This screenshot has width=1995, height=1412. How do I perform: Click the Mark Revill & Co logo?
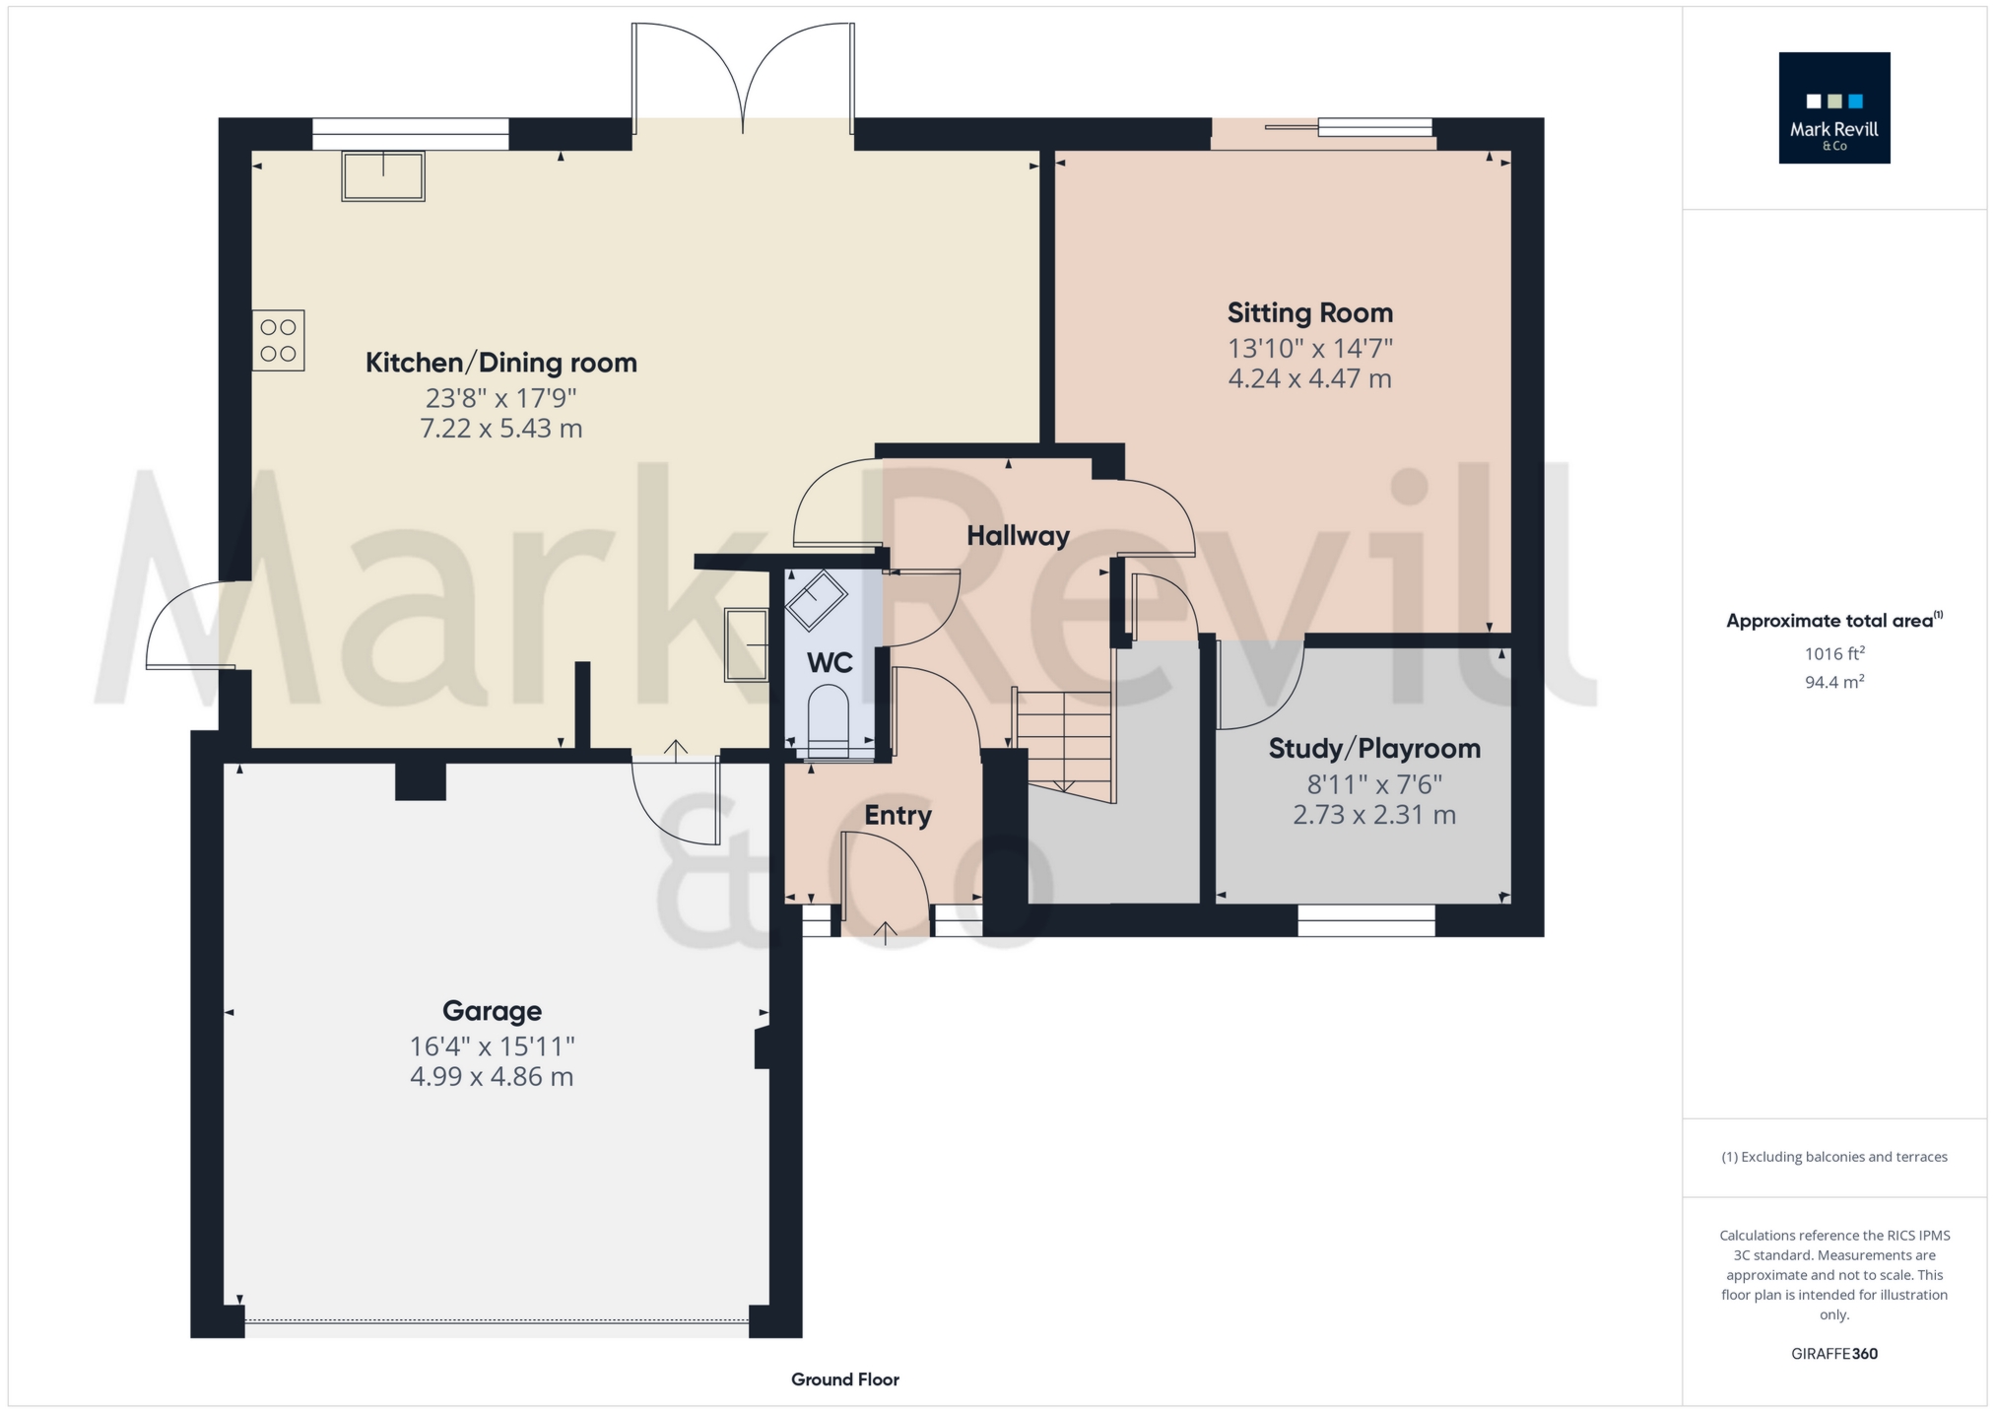coord(1833,107)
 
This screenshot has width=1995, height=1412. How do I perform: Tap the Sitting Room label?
coord(1309,313)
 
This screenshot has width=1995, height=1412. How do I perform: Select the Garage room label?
coord(492,1011)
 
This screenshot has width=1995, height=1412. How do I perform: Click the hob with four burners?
coord(278,341)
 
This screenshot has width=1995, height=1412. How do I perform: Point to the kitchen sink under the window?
coord(383,175)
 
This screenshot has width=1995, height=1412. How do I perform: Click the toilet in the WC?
coord(828,723)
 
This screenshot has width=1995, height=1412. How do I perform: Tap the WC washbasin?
coord(815,599)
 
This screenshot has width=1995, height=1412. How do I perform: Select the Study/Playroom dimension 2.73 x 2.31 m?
coord(1374,815)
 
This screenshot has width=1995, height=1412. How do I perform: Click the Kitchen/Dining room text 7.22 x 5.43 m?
coord(501,429)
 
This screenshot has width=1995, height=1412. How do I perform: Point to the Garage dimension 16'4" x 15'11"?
coord(492,1045)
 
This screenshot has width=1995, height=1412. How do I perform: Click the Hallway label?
coord(1018,536)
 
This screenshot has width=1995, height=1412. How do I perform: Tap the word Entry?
coord(898,815)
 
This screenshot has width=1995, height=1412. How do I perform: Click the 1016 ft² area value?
coord(1833,653)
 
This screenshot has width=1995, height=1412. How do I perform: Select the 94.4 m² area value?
coord(1833,682)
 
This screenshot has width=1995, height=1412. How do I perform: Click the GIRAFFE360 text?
coord(1833,1354)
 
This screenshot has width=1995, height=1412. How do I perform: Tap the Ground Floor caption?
coord(845,1379)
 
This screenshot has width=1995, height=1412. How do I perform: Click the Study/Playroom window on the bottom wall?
coord(1366,920)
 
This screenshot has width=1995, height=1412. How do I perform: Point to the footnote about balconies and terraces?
coord(1833,1157)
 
